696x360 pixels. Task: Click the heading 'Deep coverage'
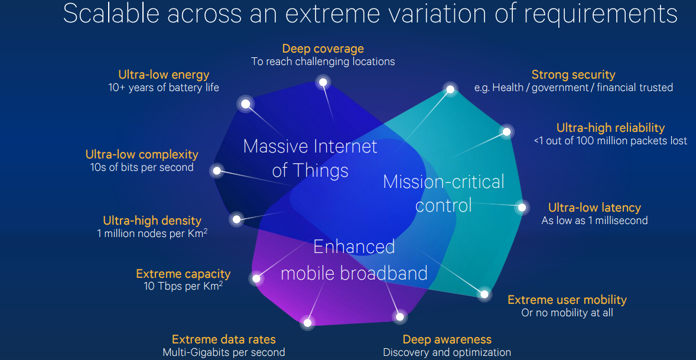[323, 48]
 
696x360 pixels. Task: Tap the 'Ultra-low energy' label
[164, 74]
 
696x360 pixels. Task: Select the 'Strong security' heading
[573, 74]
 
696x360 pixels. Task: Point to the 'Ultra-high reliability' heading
[610, 128]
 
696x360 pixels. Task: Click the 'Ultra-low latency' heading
[594, 207]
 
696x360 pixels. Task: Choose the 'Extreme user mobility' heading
[567, 300]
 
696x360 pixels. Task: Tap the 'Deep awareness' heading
[447, 339]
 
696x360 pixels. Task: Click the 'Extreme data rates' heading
[223, 339]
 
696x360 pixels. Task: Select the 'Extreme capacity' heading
[183, 274]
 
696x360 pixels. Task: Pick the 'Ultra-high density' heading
[152, 220]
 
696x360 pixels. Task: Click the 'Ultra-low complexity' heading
[142, 154]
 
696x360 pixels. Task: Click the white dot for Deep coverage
[323, 82]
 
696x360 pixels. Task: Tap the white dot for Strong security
[450, 89]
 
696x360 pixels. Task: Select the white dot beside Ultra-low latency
[522, 207]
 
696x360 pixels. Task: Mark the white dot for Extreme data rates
[307, 322]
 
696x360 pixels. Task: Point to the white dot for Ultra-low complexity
[217, 171]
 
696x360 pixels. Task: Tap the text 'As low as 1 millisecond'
[594, 220]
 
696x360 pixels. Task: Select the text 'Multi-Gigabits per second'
[223, 352]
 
